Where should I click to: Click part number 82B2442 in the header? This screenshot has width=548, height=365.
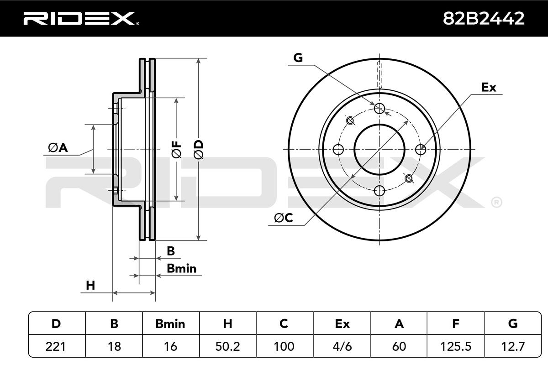pyautogui.click(x=484, y=18)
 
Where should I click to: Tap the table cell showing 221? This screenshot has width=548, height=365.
pyautogui.click(x=57, y=346)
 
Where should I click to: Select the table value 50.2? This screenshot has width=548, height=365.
pyautogui.click(x=227, y=346)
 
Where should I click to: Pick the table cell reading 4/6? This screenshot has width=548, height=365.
pyautogui.click(x=342, y=346)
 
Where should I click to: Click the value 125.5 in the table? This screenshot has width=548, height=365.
pyautogui.click(x=455, y=346)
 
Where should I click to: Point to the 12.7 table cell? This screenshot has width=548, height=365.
pyautogui.click(x=512, y=346)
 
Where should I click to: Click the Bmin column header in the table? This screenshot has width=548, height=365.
pyautogui.click(x=170, y=324)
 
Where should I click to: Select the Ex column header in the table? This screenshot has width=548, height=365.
pyautogui.click(x=342, y=324)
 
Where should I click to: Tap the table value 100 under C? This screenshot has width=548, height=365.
pyautogui.click(x=284, y=346)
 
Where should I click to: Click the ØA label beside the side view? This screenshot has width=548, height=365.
pyautogui.click(x=58, y=147)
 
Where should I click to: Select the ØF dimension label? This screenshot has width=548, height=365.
pyautogui.click(x=177, y=149)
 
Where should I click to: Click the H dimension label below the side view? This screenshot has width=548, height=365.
pyautogui.click(x=90, y=286)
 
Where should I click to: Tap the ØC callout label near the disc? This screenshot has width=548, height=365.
pyautogui.click(x=283, y=219)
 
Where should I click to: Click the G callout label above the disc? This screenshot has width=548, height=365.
pyautogui.click(x=298, y=58)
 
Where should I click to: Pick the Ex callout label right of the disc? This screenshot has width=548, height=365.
pyautogui.click(x=489, y=88)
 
